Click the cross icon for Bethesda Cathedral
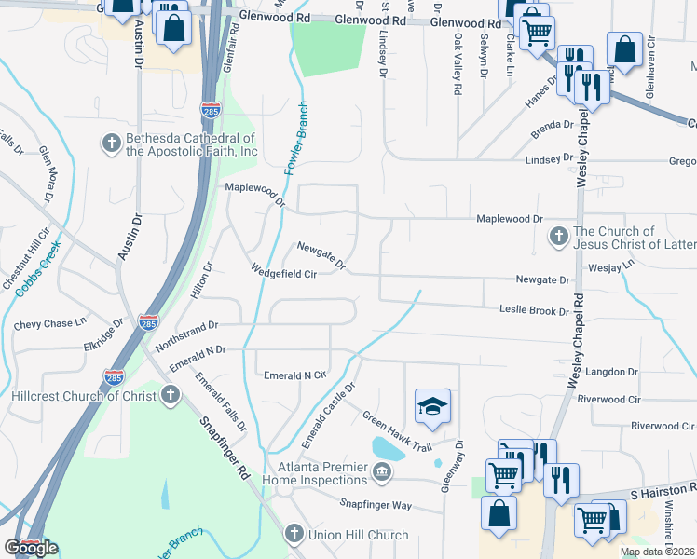coord(111,143)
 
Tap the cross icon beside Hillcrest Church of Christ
coord(170,395)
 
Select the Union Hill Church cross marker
coord(293,534)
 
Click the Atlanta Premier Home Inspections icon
coord(381,473)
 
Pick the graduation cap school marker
coord(432,406)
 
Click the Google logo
coord(31,548)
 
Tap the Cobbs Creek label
coord(37,269)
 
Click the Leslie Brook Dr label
coord(534,309)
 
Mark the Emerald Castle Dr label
coord(335,407)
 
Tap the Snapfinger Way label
coord(376,505)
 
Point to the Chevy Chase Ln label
coord(50,325)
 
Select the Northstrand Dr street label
coord(186,326)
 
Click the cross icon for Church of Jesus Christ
coord(558,237)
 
